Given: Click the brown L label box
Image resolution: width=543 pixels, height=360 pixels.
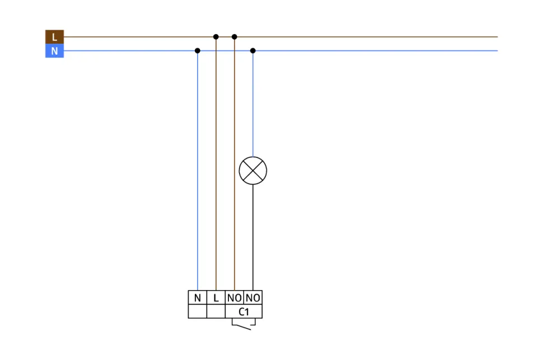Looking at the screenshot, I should coord(54,37).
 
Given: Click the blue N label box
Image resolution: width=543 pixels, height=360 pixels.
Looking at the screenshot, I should coord(54,51).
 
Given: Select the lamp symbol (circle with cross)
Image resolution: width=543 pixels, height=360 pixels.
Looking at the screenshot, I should coord(253,171).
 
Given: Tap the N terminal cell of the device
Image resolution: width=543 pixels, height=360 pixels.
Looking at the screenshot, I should coord(198,298).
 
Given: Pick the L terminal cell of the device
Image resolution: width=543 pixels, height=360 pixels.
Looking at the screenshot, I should coord(216,298).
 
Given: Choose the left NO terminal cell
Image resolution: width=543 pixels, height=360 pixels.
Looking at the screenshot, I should coord(235,298).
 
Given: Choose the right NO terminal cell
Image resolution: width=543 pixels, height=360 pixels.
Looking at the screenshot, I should coord(253,298).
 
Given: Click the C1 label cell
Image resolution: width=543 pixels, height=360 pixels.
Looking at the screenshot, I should coord(244,312).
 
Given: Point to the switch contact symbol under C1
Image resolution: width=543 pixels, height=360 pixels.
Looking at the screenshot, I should coord(244,324).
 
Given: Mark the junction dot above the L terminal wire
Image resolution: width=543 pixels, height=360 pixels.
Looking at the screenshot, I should coord(216,37).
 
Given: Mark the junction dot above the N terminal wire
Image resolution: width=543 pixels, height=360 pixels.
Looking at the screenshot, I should coord(198,50).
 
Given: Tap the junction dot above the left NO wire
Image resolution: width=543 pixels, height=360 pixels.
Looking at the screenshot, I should coord(235,37).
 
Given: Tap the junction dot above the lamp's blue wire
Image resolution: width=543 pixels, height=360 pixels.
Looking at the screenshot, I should coord(253,50).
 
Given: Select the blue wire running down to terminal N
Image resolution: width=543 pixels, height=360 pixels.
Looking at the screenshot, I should coord(198,168).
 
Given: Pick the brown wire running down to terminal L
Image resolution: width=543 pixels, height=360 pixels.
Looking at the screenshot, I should coord(216,168).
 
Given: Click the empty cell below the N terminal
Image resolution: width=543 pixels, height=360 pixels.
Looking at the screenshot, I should coord(198,311).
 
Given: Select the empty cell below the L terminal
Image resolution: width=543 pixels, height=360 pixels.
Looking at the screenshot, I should coord(216,311).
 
